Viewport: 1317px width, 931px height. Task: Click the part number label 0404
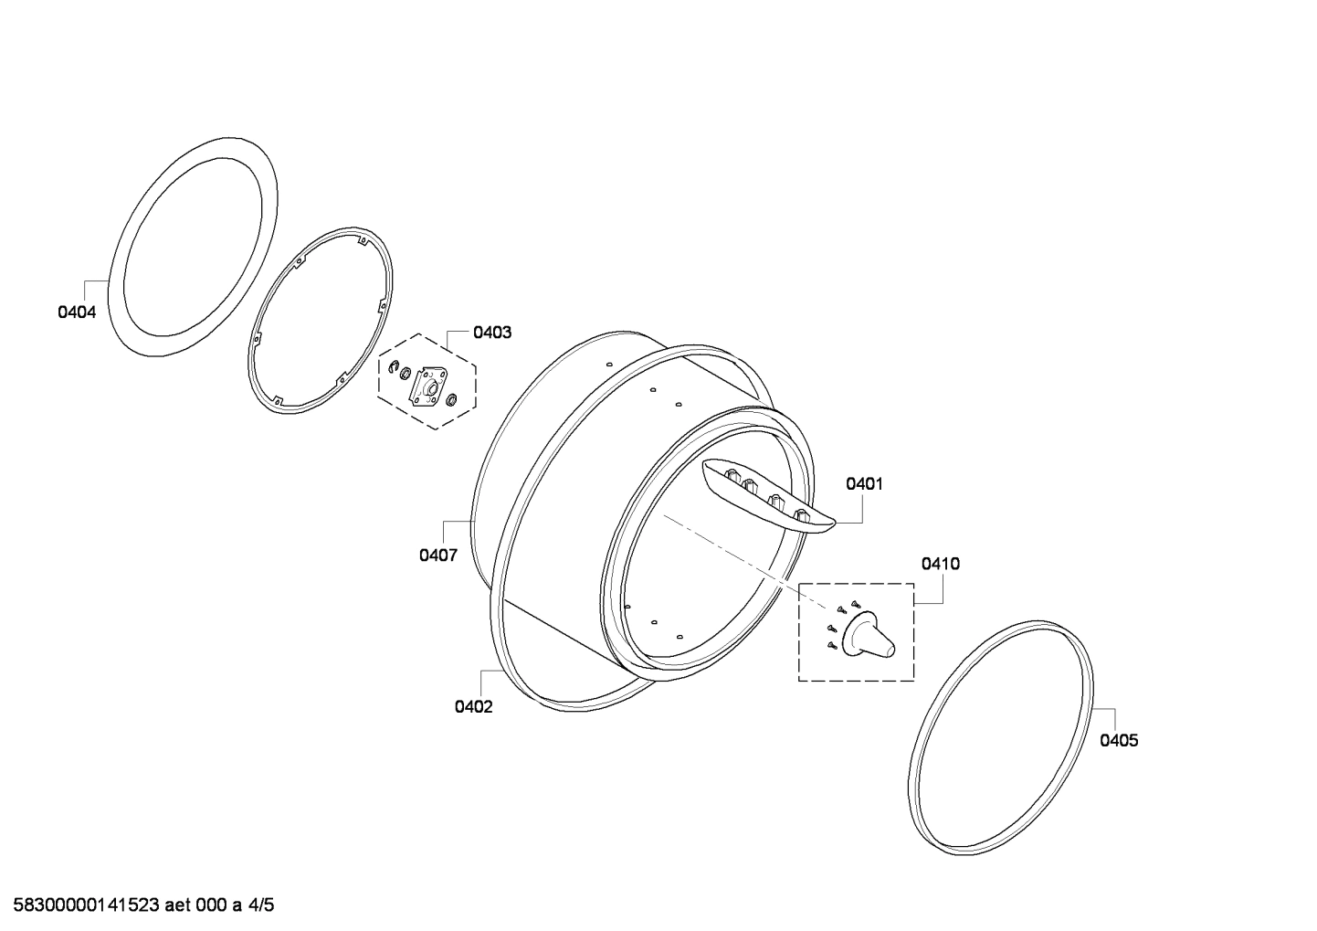pyautogui.click(x=77, y=312)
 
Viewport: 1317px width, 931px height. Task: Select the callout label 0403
pyautogui.click(x=492, y=333)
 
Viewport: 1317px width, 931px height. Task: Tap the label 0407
pyautogui.click(x=438, y=555)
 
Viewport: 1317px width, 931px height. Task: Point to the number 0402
pyautogui.click(x=473, y=706)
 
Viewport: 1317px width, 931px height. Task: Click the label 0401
pyautogui.click(x=864, y=484)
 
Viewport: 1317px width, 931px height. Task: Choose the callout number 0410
pyautogui.click(x=941, y=564)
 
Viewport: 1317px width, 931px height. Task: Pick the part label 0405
pyautogui.click(x=1119, y=740)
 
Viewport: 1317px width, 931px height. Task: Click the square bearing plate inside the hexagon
pyautogui.click(x=429, y=387)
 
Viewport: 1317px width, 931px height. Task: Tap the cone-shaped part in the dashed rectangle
pyautogui.click(x=869, y=635)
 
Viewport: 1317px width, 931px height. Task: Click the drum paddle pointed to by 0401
pyautogui.click(x=768, y=495)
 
